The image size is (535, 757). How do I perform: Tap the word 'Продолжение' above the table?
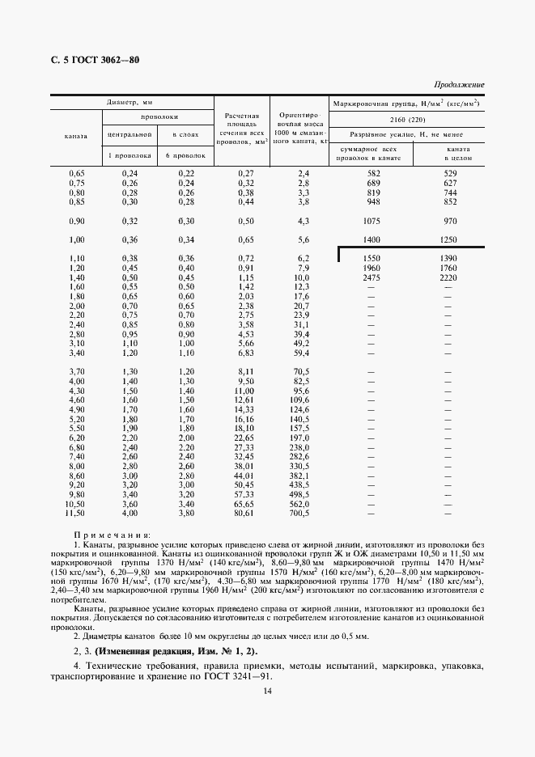point(459,84)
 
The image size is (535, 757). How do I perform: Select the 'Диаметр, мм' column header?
point(130,104)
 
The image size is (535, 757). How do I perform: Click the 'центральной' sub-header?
point(130,134)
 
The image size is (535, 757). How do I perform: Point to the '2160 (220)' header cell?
point(407,120)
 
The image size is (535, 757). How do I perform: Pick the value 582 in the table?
point(372,174)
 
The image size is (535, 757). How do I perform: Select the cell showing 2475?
point(372,277)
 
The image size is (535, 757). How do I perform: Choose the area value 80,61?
point(244,514)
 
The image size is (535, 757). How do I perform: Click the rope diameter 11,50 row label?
point(75,514)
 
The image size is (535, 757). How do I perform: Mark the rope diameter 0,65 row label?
point(76,174)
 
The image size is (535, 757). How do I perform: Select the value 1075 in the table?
point(372,222)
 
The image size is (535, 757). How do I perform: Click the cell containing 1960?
point(372,268)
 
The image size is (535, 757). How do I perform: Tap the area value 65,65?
point(244,504)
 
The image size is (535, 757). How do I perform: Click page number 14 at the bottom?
point(267,713)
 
